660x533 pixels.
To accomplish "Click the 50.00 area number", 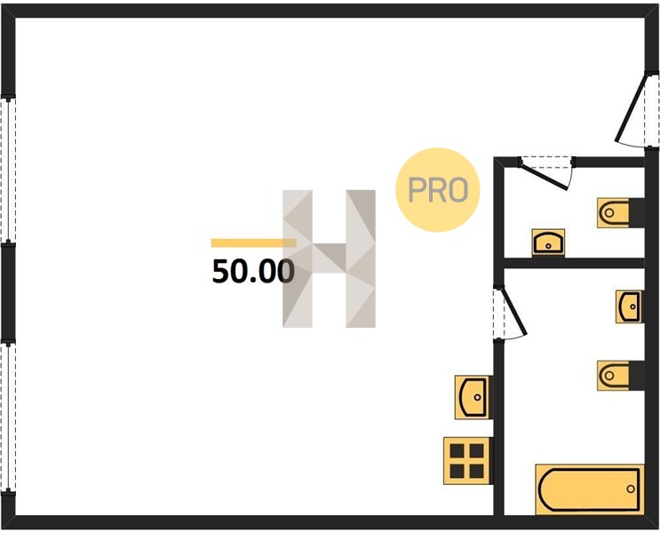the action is [x=253, y=272].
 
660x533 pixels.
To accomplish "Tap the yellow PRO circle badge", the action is [x=438, y=189].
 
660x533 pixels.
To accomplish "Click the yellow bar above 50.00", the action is [x=253, y=243].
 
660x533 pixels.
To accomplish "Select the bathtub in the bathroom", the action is [x=589, y=489].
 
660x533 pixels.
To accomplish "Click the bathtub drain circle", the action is [x=631, y=489].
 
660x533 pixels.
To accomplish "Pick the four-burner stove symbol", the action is [x=467, y=460].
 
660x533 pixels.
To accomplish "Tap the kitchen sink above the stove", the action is [x=473, y=397].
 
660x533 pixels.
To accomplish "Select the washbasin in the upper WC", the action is [x=548, y=243].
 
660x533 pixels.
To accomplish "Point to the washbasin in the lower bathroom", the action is [x=629, y=306].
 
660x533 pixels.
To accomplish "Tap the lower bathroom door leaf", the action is [x=513, y=311].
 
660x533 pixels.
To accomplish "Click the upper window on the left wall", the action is [x=8, y=170].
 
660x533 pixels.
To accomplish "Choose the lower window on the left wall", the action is [x=8, y=417].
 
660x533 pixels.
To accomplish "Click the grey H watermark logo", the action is [x=329, y=259].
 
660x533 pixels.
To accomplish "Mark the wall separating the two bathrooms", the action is [x=574, y=263].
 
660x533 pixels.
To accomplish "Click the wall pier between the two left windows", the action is [x=8, y=292].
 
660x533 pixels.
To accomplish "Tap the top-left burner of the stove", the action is [x=457, y=451].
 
